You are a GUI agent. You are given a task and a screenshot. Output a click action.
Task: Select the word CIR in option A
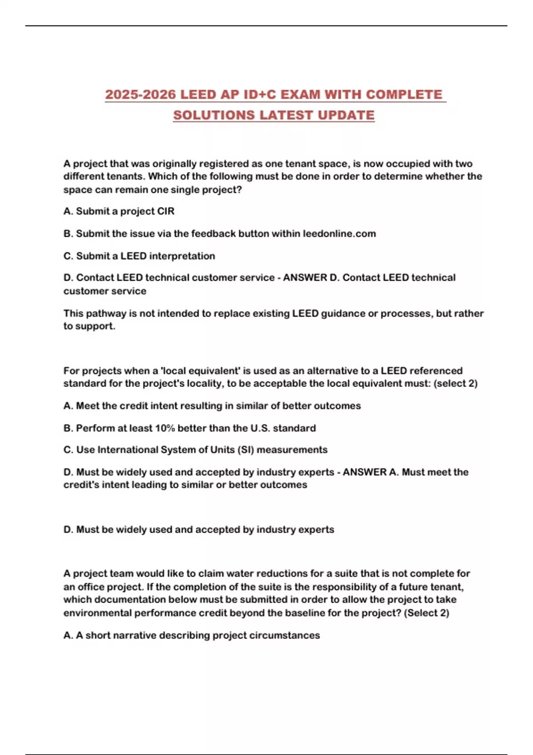pyautogui.click(x=165, y=211)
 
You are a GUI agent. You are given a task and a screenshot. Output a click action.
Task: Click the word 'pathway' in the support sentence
pyautogui.click(x=106, y=313)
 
